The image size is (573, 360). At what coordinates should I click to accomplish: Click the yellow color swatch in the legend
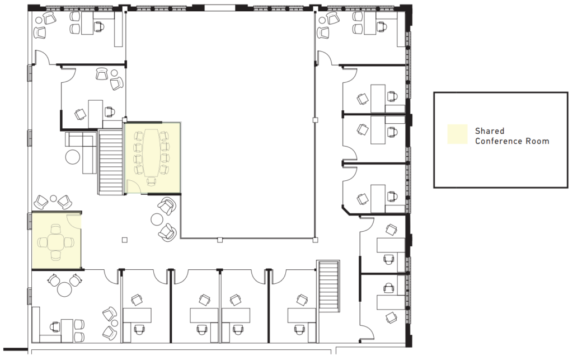coord(456,135)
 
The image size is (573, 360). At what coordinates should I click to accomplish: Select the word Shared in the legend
coord(490,131)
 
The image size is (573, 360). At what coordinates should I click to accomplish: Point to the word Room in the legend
coord(538,141)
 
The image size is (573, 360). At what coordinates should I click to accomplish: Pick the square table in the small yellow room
coord(55,242)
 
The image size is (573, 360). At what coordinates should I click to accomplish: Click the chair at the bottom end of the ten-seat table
coord(152,180)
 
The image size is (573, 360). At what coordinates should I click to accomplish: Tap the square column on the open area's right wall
coord(315,119)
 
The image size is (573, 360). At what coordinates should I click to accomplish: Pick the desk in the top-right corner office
coord(371,23)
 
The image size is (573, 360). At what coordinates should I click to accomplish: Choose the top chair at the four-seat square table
coord(55,228)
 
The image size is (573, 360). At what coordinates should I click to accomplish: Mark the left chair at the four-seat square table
coord(42,242)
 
